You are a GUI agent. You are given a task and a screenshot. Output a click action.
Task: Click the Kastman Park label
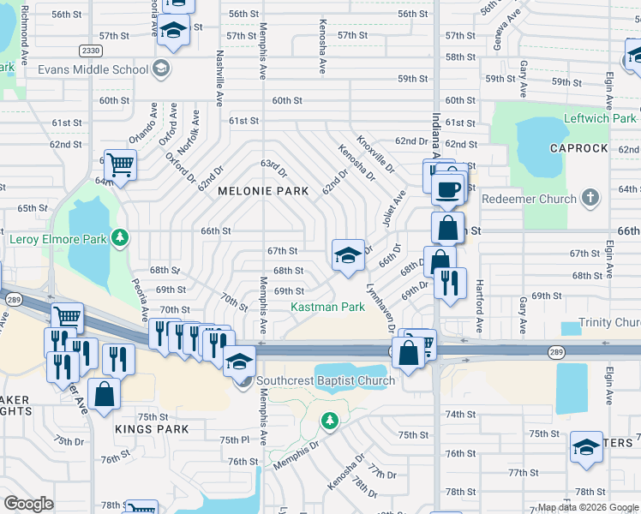[327, 307]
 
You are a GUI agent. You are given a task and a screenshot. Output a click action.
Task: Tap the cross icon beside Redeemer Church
[589, 198]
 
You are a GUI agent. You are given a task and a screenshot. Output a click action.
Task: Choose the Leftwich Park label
[600, 118]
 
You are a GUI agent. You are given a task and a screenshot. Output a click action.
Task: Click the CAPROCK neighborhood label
[578, 148]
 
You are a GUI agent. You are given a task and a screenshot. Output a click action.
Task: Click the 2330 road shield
[89, 51]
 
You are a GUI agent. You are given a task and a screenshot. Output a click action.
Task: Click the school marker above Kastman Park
[347, 255]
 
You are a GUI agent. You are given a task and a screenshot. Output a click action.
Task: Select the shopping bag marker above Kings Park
[104, 394]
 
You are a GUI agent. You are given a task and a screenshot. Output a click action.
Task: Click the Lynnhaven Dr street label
[380, 309]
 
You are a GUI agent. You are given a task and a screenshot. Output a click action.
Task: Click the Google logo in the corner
[29, 504]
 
